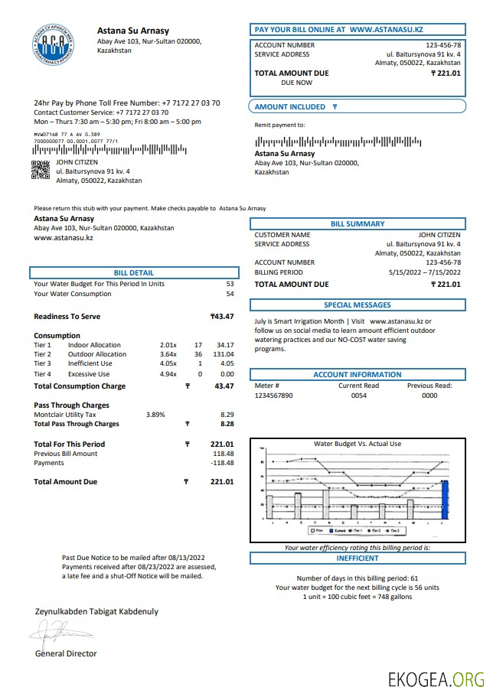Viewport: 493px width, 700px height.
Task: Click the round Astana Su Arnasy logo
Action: point(54,44)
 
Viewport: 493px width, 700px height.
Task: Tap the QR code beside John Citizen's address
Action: point(41,170)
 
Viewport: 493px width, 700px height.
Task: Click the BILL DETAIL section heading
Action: point(133,272)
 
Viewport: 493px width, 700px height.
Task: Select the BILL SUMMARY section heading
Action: point(358,224)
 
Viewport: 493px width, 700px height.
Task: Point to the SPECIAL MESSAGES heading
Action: point(358,305)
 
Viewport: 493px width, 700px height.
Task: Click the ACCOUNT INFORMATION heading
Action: point(358,375)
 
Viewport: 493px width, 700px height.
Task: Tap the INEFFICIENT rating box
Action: point(358,558)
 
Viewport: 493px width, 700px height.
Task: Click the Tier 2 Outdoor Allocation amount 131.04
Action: point(224,354)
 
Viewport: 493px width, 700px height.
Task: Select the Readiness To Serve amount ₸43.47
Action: point(222,317)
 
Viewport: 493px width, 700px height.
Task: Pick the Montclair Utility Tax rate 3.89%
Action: point(155,414)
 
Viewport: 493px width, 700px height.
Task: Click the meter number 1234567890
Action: point(273,396)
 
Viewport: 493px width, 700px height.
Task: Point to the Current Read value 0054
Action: point(359,396)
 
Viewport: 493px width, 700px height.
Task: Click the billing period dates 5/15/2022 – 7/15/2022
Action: point(424,272)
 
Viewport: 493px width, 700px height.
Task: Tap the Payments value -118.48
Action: point(222,463)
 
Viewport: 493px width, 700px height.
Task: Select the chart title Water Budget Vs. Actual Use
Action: point(358,444)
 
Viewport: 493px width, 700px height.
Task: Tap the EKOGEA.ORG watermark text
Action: point(436,679)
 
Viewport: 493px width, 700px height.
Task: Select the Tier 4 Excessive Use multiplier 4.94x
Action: point(168,374)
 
